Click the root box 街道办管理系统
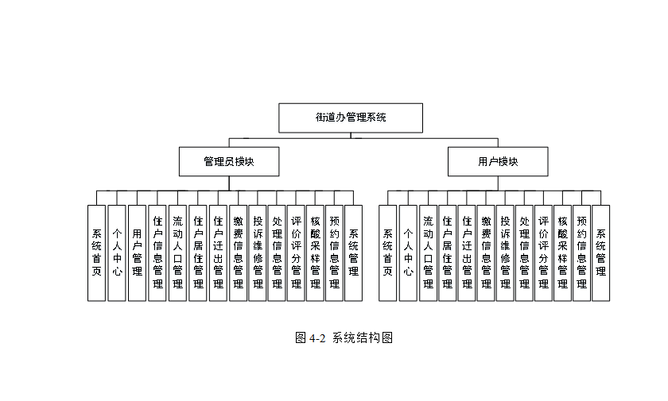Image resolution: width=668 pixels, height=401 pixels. point(350,118)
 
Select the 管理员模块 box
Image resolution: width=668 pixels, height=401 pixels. point(228,161)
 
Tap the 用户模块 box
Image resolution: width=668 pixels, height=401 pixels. point(498,161)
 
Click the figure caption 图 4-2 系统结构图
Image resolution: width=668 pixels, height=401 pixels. point(344,337)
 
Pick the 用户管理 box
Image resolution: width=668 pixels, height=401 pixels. point(137,253)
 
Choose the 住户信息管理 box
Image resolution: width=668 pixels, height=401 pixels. point(157,253)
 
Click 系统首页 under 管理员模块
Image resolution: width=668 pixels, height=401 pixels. point(97,253)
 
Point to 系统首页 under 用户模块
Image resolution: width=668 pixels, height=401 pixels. point(388,253)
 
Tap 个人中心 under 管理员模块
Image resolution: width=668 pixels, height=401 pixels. point(117,253)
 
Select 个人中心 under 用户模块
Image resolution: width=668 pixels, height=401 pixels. point(408,253)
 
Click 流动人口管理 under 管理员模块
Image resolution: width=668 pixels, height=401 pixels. point(177,253)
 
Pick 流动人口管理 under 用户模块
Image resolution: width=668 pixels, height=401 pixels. point(428,253)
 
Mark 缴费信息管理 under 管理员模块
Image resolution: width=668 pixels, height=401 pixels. point(238,253)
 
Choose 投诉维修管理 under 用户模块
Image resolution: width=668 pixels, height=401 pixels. point(505,253)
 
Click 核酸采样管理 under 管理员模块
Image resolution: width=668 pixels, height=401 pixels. point(315,253)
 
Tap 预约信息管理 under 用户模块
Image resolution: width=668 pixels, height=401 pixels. point(582,253)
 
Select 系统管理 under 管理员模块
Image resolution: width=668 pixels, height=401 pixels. point(353,253)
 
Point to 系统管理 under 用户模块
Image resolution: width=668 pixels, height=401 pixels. point(601,253)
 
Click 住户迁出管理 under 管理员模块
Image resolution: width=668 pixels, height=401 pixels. point(218,253)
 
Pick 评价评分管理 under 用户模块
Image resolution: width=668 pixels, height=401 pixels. point(543,253)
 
